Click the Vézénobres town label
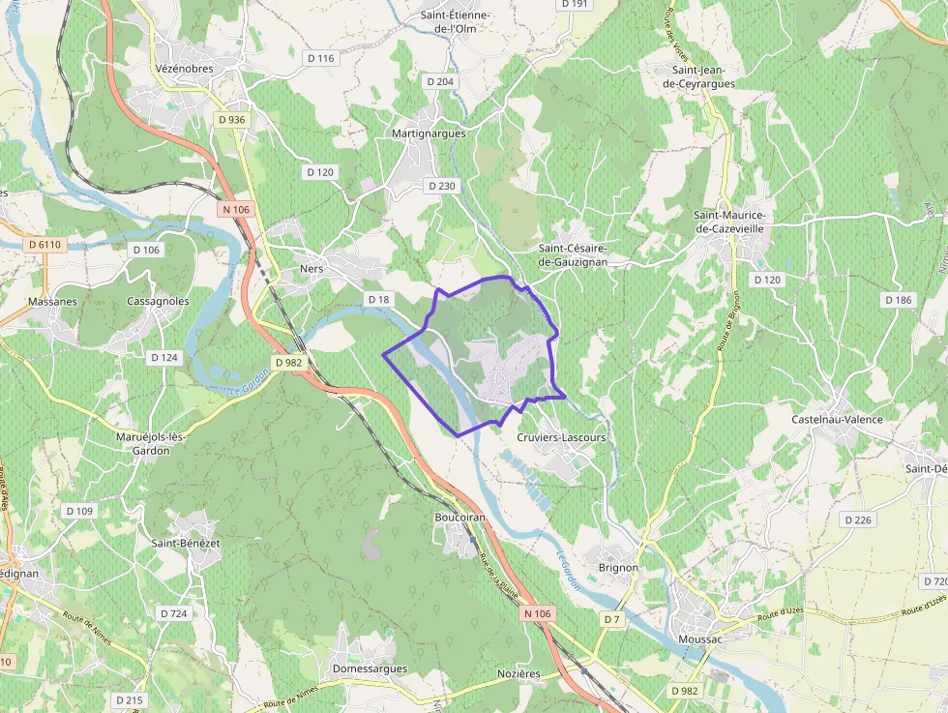tap(184, 69)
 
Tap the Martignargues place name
tap(429, 134)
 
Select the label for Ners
tap(311, 269)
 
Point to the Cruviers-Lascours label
tap(561, 437)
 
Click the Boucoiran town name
tap(459, 519)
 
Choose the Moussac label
tap(700, 639)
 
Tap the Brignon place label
tap(618, 568)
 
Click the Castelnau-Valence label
tap(837, 419)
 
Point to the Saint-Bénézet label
tap(186, 543)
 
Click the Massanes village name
tap(52, 301)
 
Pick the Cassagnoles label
tap(158, 301)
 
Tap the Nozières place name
tap(518, 673)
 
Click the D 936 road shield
tap(231, 119)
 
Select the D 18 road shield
tap(378, 300)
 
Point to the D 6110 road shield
tap(45, 245)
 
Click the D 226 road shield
tap(857, 520)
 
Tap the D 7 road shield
tap(610, 618)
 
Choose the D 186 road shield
tap(898, 300)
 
